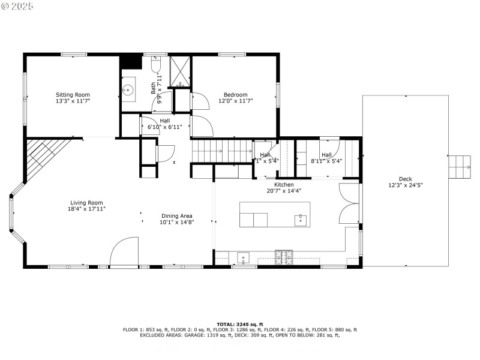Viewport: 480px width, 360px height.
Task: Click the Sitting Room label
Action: [73, 95]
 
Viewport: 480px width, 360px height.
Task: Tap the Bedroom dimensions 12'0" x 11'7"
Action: [235, 101]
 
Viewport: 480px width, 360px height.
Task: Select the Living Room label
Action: [86, 203]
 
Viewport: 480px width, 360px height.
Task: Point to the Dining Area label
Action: [176, 216]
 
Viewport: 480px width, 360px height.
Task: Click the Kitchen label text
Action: [284, 184]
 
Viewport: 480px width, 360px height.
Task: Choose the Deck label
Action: [406, 179]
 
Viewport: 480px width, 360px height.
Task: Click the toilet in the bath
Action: [155, 64]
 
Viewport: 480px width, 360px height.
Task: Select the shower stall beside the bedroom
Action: [179, 72]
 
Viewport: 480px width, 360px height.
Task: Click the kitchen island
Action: [275, 214]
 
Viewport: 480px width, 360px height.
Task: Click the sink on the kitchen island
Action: [300, 220]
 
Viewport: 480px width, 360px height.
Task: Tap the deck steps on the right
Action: [460, 166]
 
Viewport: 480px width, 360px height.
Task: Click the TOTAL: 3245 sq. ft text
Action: [240, 324]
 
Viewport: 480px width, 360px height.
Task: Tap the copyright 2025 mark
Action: [17, 5]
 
